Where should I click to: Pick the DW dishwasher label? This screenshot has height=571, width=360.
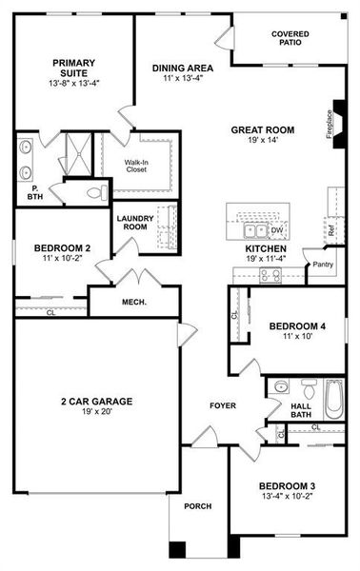[277, 230]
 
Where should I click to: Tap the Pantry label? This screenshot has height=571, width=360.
[322, 266]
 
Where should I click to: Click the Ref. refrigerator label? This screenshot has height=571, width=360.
[330, 229]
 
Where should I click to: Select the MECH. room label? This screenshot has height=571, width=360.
[132, 304]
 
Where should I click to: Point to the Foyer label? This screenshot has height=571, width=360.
[223, 406]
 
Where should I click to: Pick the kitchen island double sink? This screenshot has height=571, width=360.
[256, 230]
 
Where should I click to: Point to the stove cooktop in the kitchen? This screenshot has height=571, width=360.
[270, 275]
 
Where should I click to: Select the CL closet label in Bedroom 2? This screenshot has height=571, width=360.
[50, 311]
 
